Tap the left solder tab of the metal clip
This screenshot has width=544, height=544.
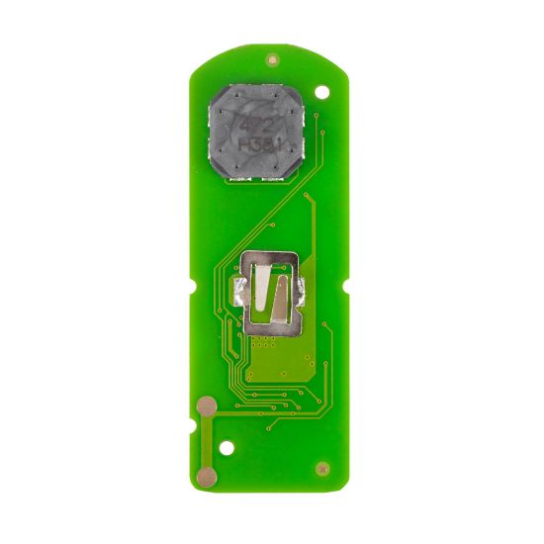point(238,290)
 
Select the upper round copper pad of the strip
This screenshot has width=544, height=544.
point(207,407)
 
